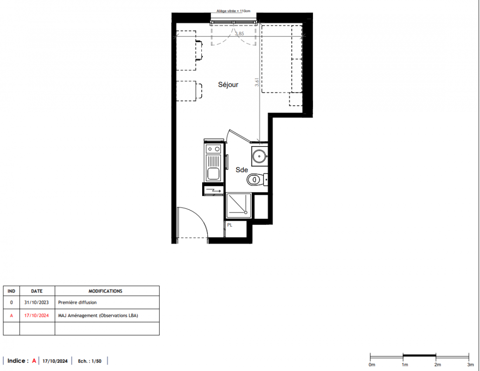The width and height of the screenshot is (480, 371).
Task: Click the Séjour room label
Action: pyautogui.click(x=228, y=85)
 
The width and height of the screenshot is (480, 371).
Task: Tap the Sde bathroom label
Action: pyautogui.click(x=242, y=170)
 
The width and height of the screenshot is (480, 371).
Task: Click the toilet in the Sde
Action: pyautogui.click(x=254, y=179)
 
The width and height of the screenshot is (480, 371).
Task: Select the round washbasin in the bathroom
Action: pyautogui.click(x=259, y=156)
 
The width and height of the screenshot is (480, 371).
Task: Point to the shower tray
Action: pyautogui.click(x=238, y=205)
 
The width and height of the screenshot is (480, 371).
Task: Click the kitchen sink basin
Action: pyautogui.click(x=213, y=174)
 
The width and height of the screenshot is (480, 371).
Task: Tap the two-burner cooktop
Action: pyautogui.click(x=213, y=149)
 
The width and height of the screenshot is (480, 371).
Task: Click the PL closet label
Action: pyautogui.click(x=230, y=225)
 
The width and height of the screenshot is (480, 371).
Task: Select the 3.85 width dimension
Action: pyautogui.click(x=240, y=34)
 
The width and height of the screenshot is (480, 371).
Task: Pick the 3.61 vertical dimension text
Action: pyautogui.click(x=257, y=82)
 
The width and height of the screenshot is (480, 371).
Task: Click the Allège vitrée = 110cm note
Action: pyautogui.click(x=233, y=11)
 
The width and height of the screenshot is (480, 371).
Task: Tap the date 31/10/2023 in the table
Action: pyautogui.click(x=37, y=302)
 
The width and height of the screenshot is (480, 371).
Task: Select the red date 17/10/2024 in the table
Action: pyautogui.click(x=37, y=316)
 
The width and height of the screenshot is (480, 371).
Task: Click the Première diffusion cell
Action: pyautogui.click(x=77, y=302)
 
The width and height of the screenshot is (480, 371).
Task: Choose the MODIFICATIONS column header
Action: pyautogui.click(x=105, y=291)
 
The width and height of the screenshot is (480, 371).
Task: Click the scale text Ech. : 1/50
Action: pyautogui.click(x=90, y=361)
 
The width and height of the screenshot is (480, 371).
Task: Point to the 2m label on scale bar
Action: pyautogui.click(x=437, y=365)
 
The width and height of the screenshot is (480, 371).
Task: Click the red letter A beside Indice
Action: pyautogui.click(x=34, y=361)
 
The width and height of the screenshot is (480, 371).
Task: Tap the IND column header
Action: pyautogui.click(x=11, y=291)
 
